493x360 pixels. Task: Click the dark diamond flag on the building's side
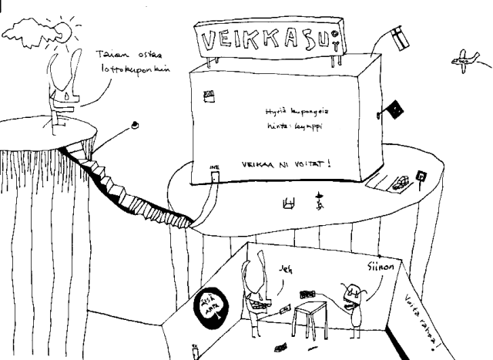click(394, 110)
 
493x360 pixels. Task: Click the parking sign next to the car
click(421, 177)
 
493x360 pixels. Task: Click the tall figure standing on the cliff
click(60, 85)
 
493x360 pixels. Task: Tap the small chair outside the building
click(290, 204)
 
